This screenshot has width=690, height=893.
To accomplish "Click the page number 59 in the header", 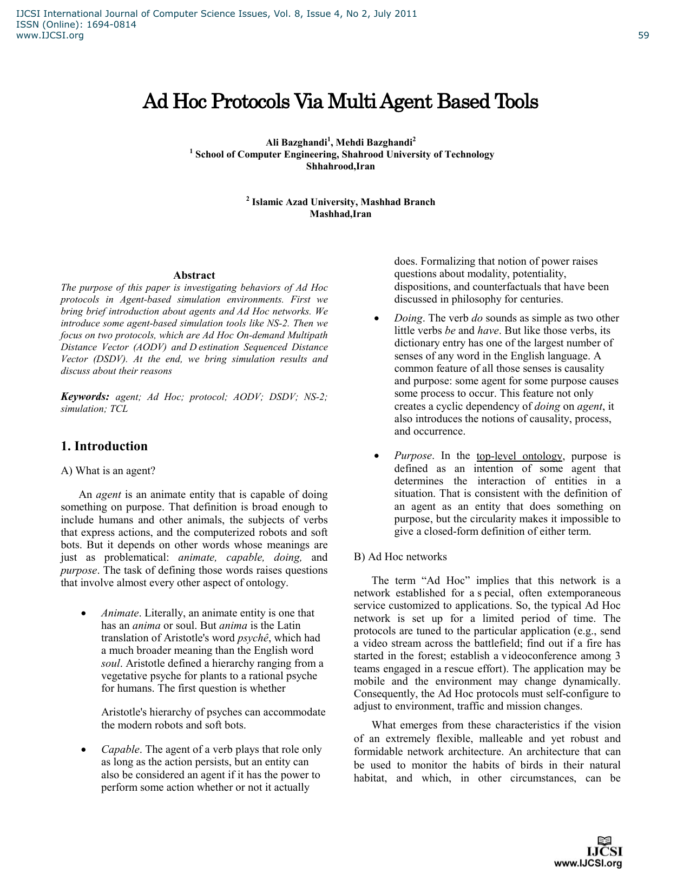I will click(643, 36).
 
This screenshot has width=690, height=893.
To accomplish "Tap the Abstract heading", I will click(194, 275).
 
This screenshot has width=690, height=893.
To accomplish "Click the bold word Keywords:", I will click(85, 397).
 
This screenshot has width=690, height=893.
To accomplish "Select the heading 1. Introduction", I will click(104, 446).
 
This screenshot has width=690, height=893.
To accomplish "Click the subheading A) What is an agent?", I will click(108, 470).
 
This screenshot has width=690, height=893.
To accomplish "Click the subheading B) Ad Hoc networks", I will click(400, 556).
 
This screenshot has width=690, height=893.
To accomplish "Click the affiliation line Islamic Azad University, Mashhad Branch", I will click(343, 202).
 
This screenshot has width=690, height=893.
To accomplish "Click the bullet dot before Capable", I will click(83, 750).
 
